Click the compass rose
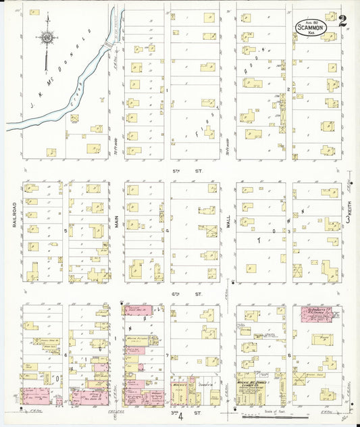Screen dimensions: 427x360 tap(47, 39)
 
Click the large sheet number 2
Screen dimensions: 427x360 tap(343, 21)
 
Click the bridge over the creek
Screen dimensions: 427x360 tap(107, 43)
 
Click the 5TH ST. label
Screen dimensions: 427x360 tap(198, 172)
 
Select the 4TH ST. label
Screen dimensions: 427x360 tap(198, 295)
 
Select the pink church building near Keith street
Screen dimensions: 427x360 tap(316, 314)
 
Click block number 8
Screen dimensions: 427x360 tap(289, 355)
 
